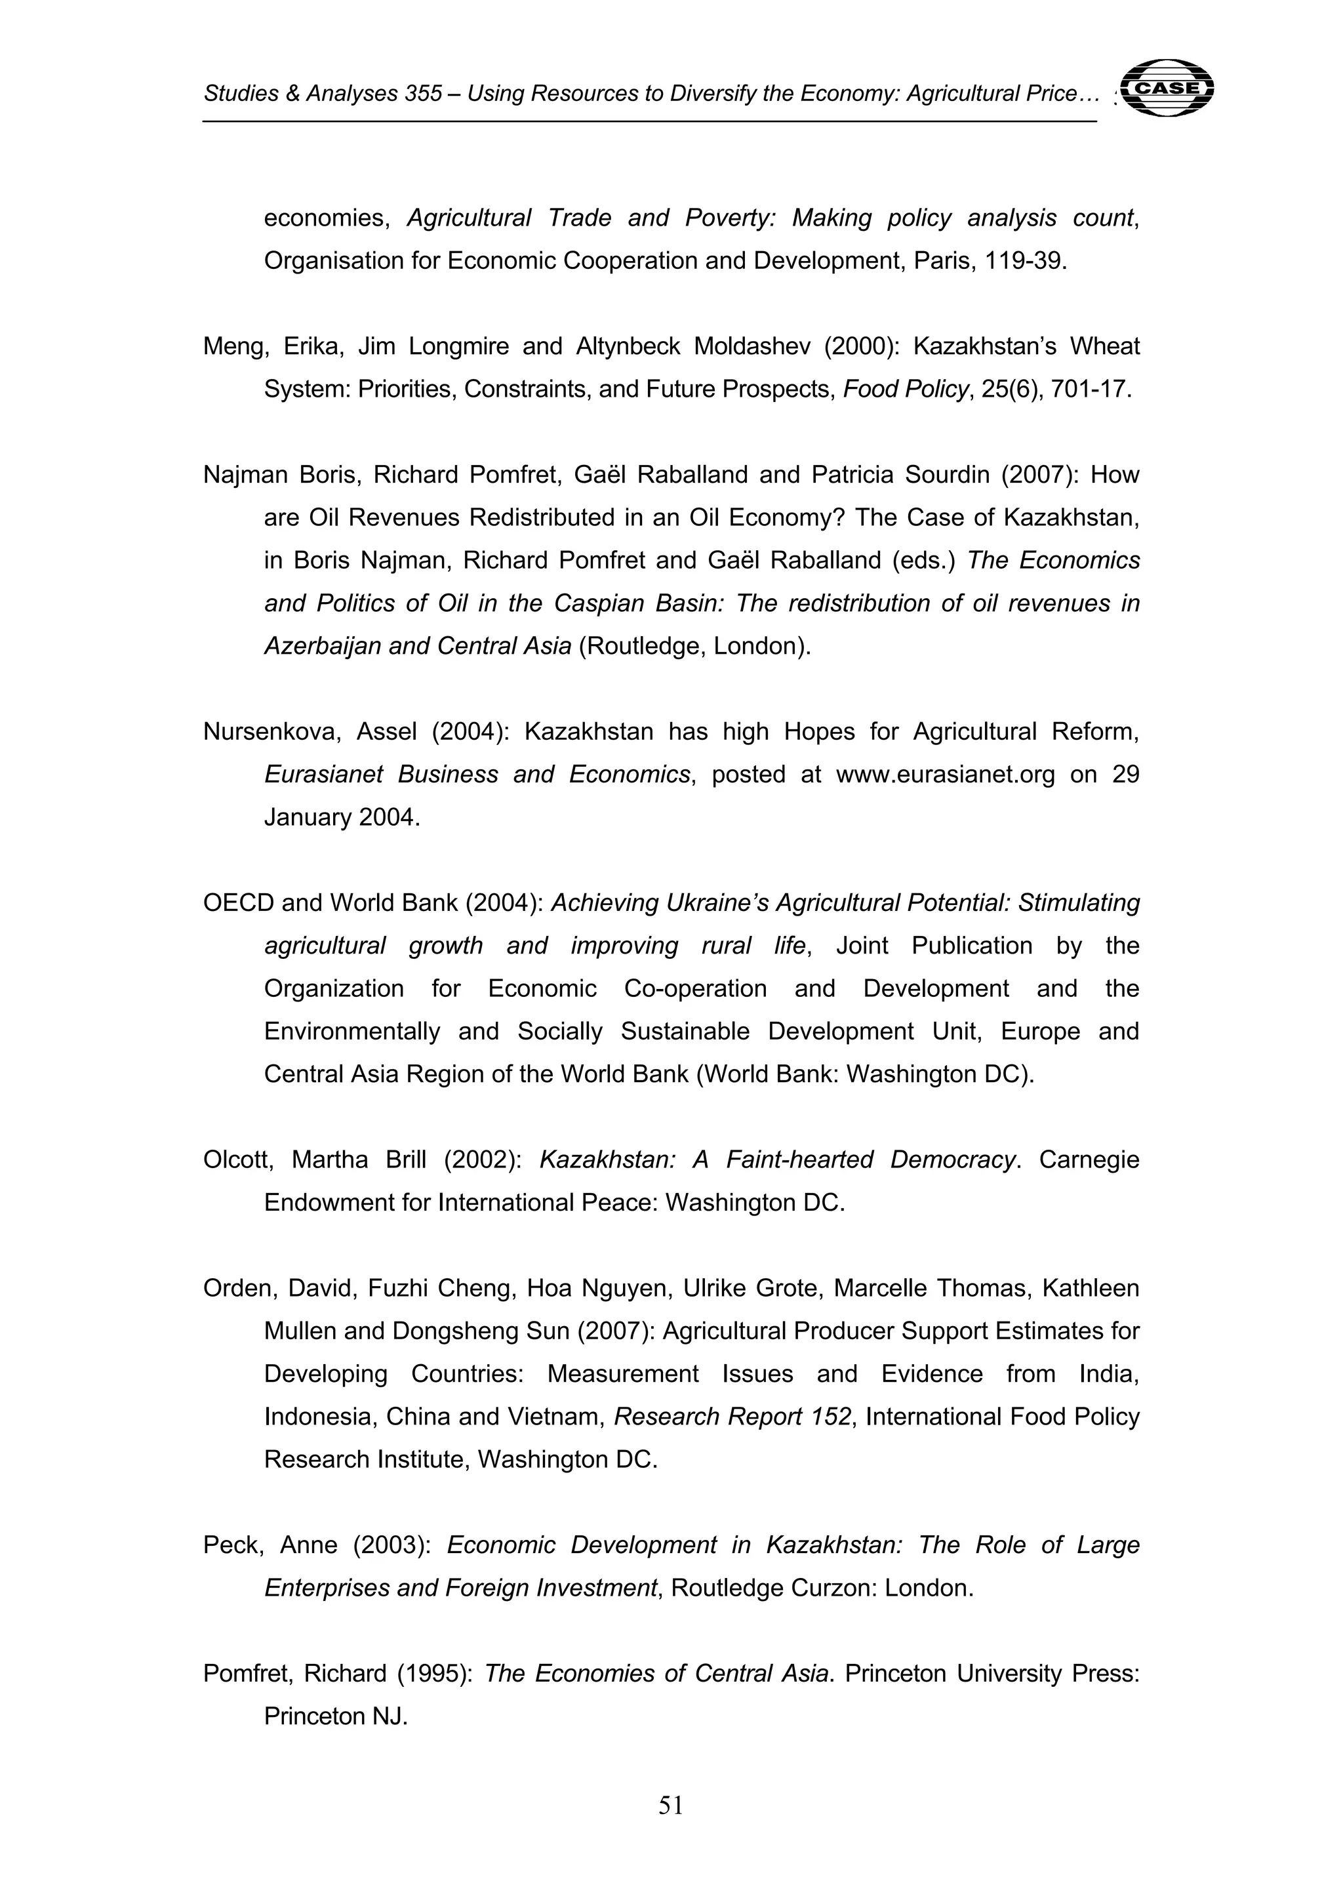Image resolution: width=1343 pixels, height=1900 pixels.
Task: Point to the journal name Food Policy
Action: click(x=905, y=390)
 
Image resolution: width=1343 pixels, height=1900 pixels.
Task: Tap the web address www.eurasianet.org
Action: click(x=945, y=775)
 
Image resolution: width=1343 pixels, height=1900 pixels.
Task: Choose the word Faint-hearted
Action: click(x=799, y=1160)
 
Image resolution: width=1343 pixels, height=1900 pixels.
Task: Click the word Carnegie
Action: click(x=1089, y=1160)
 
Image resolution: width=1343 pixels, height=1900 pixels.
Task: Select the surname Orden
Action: click(x=237, y=1289)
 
